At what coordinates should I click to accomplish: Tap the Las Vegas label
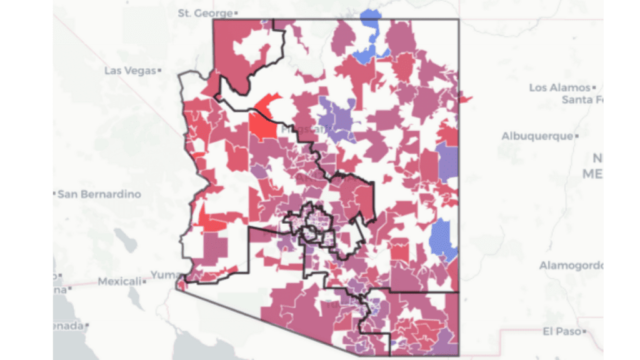click(129, 71)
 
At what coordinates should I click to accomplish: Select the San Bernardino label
click(99, 194)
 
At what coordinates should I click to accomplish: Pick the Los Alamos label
click(559, 87)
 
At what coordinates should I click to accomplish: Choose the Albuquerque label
click(537, 136)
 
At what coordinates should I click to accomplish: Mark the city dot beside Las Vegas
click(159, 71)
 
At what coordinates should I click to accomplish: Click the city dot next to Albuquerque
click(577, 136)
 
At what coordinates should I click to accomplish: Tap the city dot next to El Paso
click(582, 330)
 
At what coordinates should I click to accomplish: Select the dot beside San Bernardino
click(54, 194)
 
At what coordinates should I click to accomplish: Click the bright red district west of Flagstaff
click(263, 123)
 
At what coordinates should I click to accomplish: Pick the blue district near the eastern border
click(444, 239)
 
